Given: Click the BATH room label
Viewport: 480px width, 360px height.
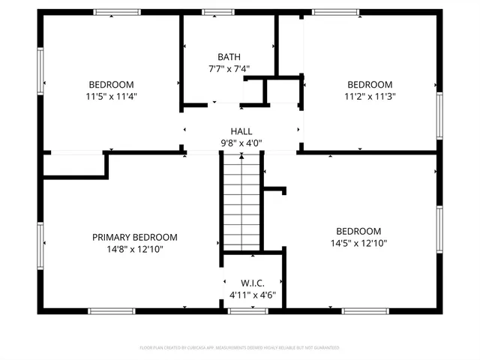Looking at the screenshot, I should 229,57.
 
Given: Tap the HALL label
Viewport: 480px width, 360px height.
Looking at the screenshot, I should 241,130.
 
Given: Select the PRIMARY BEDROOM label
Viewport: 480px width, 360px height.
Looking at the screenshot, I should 135,237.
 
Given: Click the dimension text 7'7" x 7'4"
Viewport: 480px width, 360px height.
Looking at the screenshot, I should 229,68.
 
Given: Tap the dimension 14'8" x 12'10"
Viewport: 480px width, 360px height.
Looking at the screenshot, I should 135,249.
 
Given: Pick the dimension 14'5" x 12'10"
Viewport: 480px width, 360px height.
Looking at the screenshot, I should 358,243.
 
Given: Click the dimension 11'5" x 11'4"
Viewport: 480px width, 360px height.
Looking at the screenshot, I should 112,96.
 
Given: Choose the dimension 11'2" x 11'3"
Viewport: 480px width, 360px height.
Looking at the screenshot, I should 370,96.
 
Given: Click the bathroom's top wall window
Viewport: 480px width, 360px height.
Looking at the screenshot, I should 218,12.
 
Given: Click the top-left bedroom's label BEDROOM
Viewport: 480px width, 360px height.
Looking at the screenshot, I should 112,84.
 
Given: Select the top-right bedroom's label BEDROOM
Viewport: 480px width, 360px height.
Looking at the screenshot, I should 370,84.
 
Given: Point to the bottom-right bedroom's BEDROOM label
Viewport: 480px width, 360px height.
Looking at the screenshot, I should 358,231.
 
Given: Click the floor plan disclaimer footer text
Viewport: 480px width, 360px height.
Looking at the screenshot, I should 240,348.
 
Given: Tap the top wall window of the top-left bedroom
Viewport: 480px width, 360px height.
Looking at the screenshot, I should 116,12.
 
